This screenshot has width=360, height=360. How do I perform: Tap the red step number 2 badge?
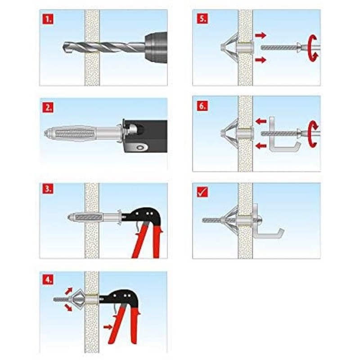pos(47,108)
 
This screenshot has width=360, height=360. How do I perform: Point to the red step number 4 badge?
pos(47,279)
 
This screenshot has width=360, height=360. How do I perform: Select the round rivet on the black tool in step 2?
pos(142,147)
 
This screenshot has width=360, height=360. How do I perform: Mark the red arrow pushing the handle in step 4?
pos(108,327)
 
